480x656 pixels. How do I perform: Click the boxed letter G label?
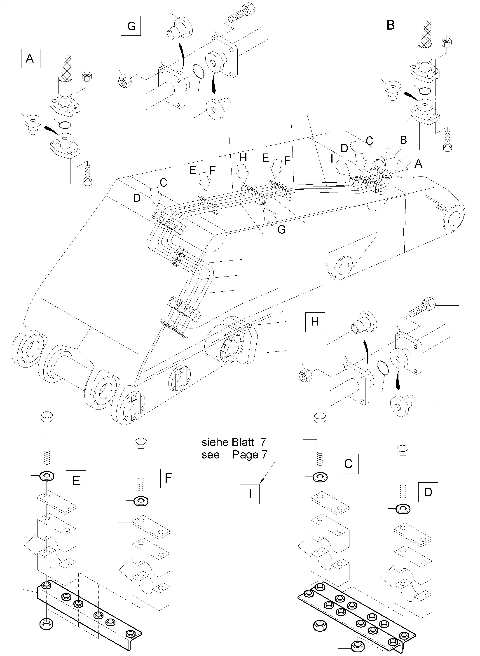click(131, 26)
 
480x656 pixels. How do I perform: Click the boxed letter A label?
click(30, 58)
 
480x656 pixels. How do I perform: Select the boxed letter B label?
click(391, 25)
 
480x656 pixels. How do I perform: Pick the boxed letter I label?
click(250, 494)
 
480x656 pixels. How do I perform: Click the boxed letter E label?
click(76, 481)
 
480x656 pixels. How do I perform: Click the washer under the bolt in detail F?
click(141, 501)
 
